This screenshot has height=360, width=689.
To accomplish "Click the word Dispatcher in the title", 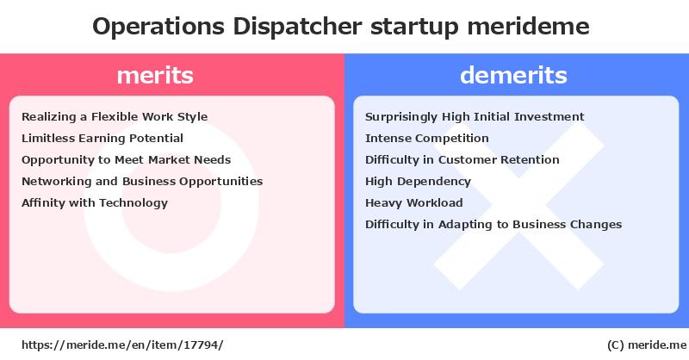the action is [297, 27].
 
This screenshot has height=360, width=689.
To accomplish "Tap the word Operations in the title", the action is [158, 28].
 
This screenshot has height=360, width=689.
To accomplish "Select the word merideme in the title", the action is [528, 27].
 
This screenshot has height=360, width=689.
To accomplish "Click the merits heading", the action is [155, 75].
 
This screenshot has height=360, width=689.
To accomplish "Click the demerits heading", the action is [513, 75].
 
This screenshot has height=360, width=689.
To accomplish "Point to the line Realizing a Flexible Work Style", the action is [115, 117].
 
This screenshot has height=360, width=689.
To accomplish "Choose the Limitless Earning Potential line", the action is [102, 139].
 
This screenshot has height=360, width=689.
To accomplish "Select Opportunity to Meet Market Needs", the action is [126, 160].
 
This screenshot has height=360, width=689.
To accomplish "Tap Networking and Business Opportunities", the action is [142, 182].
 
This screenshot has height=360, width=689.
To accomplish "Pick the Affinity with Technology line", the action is [95, 203].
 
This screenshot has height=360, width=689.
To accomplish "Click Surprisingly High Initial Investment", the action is [475, 117].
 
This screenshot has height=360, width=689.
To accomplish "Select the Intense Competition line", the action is [426, 139].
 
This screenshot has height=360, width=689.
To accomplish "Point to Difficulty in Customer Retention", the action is [462, 160].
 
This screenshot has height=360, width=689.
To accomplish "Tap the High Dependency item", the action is [418, 182].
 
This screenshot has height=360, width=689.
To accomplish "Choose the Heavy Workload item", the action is [414, 203].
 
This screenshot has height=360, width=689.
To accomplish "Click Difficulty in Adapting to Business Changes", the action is [493, 225].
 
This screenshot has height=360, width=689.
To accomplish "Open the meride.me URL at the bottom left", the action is [122, 345].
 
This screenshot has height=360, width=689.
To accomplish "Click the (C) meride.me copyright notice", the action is [647, 345].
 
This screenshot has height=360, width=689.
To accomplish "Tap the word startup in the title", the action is [414, 28].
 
